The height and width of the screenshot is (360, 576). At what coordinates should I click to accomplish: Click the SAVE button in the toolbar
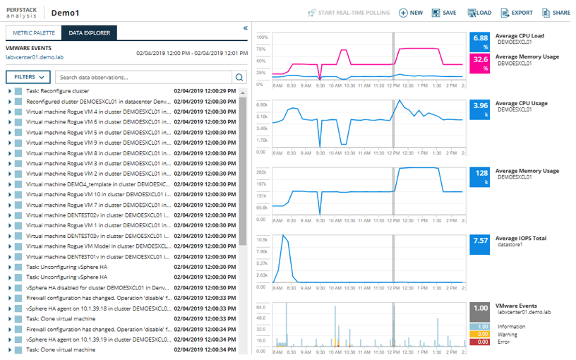click(444, 13)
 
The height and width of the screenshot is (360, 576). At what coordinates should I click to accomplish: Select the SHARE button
click(556, 13)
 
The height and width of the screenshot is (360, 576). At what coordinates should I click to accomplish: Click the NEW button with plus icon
click(411, 13)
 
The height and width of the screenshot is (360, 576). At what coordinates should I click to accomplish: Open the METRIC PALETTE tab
click(32, 33)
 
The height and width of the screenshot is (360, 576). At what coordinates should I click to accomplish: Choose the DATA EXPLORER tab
click(88, 33)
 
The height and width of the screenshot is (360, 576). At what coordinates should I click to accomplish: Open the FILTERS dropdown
click(28, 77)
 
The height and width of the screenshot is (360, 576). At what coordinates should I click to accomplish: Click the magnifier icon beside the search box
click(239, 78)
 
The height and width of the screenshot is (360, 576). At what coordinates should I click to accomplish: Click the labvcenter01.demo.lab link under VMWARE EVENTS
click(35, 57)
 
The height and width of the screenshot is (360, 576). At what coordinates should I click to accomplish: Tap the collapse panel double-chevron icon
click(245, 28)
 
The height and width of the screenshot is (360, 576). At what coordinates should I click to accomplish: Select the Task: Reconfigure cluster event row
click(57, 91)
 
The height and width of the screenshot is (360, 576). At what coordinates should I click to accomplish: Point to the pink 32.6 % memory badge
click(480, 63)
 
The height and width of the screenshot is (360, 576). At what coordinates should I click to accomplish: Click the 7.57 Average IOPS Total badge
click(480, 244)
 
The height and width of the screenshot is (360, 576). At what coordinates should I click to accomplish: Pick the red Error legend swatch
click(480, 342)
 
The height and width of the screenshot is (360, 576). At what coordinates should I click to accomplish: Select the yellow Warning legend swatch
click(480, 335)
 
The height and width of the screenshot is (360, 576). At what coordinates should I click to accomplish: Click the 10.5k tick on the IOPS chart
click(261, 239)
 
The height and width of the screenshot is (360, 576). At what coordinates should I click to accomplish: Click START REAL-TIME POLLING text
click(349, 13)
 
